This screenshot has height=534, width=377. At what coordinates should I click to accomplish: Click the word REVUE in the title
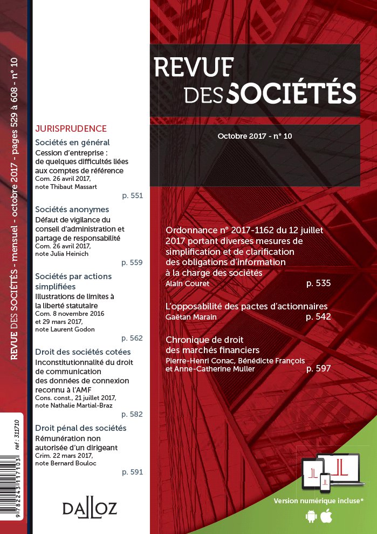click(194, 66)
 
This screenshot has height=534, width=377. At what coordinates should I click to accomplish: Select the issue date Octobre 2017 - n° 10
click(255, 137)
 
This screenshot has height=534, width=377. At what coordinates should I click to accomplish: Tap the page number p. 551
click(132, 195)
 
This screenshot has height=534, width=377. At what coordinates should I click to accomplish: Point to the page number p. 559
click(132, 262)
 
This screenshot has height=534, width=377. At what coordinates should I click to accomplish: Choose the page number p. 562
click(132, 338)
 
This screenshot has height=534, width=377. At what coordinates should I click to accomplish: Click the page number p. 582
click(132, 414)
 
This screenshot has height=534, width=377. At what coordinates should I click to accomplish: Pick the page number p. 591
click(132, 472)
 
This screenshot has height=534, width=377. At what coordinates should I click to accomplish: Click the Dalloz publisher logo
click(90, 509)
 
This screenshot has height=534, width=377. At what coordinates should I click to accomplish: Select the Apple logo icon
click(326, 516)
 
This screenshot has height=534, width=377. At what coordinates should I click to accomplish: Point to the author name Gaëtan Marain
click(191, 316)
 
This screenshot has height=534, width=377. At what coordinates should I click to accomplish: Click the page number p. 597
click(318, 369)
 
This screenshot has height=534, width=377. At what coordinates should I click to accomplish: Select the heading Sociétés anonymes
click(72, 209)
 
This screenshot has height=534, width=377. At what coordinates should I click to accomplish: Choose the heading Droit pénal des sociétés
click(80, 428)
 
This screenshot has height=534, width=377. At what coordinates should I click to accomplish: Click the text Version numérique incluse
click(318, 501)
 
